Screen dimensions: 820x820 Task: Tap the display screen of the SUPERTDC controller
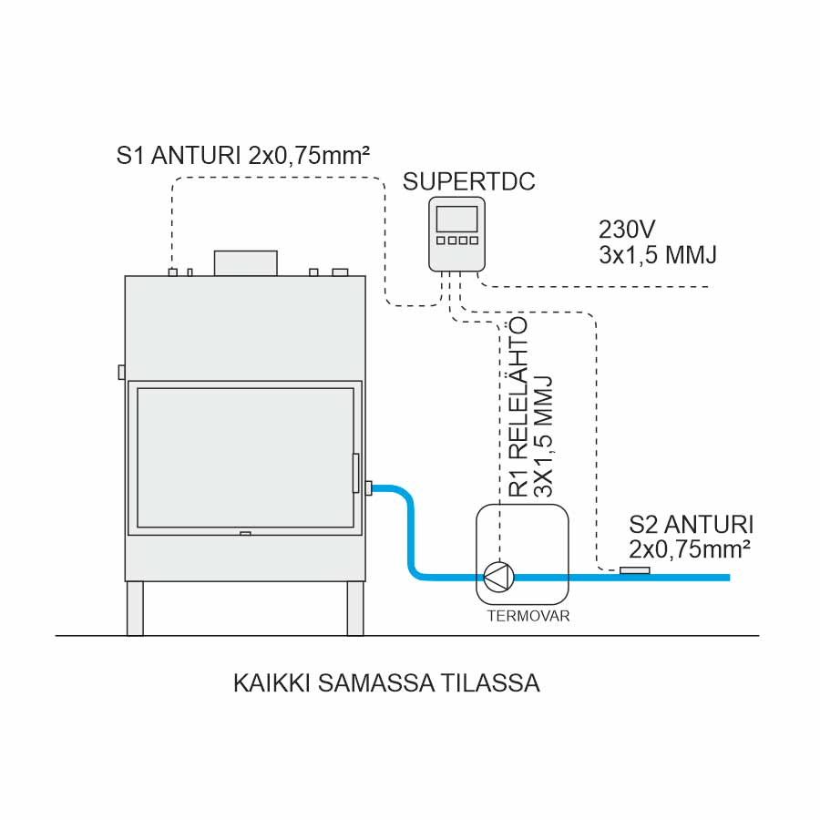point(456,220)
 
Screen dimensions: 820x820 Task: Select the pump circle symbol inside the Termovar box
point(498,576)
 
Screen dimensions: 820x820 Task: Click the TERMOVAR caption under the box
point(528,616)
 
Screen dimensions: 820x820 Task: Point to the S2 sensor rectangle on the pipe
point(634,570)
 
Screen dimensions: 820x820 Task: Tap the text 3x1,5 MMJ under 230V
point(657,255)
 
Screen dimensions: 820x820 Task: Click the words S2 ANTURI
point(692,526)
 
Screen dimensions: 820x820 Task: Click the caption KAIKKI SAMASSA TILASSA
point(386,683)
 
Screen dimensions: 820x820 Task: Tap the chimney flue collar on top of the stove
point(245,262)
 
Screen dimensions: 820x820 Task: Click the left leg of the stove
point(135,608)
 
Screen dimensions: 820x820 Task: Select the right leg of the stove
point(355,608)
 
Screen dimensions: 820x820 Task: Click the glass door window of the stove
point(245,456)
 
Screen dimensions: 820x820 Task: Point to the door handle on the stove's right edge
point(356,473)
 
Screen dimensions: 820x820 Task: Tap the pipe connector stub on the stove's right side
point(368,488)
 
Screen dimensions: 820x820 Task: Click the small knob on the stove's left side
point(121,372)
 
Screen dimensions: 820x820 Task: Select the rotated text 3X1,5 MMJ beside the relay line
point(544,436)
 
